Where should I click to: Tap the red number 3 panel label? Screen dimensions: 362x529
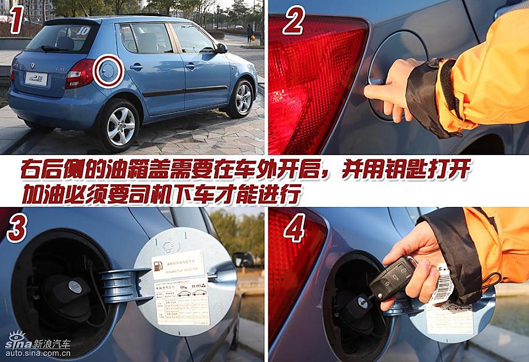tap(17, 228)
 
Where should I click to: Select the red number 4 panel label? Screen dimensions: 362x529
tap(294, 229)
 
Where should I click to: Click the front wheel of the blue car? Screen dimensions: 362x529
tap(243, 98)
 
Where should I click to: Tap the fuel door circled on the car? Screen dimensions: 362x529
tap(108, 71)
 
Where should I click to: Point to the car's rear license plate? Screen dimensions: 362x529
tap(35, 78)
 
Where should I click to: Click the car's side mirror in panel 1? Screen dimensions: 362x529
tap(221, 49)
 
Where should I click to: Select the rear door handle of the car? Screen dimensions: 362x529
tap(136, 67)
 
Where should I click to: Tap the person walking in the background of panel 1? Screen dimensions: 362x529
tap(250, 33)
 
